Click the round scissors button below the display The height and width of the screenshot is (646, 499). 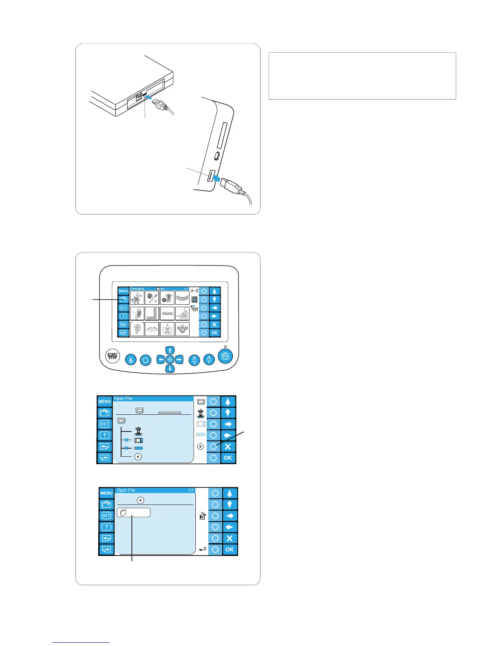click(x=130, y=360)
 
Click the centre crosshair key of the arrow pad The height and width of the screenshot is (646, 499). click(x=170, y=360)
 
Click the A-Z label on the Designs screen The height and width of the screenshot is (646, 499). click(x=194, y=291)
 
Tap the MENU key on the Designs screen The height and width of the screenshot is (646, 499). click(x=123, y=291)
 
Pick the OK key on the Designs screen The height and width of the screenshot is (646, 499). click(x=214, y=333)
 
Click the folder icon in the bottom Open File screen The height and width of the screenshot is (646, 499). click(x=123, y=513)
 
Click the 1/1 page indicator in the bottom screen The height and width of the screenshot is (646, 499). click(x=190, y=490)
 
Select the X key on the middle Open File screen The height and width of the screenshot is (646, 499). click(x=227, y=447)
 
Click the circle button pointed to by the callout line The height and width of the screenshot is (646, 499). click(x=213, y=447)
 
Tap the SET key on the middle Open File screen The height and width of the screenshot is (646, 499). click(x=104, y=424)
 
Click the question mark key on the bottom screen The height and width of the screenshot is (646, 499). click(x=106, y=527)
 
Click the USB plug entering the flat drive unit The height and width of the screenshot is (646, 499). click(x=161, y=105)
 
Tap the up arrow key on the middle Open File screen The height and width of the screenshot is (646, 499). click(x=227, y=402)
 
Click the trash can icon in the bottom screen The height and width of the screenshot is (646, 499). click(x=202, y=516)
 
